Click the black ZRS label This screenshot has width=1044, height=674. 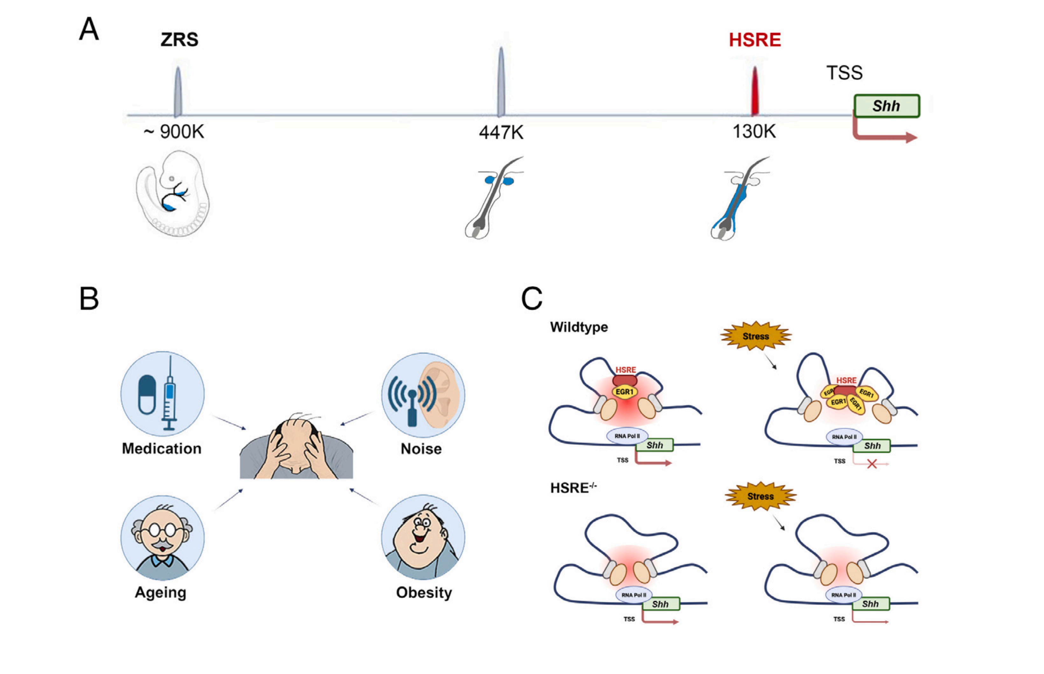[x=179, y=40]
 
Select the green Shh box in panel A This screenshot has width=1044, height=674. [x=886, y=106]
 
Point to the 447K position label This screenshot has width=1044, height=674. [x=501, y=133]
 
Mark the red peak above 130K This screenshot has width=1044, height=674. [x=754, y=93]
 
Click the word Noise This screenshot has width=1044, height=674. [x=421, y=449]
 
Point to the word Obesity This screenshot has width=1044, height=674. [x=424, y=593]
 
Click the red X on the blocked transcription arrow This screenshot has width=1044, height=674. [x=872, y=464]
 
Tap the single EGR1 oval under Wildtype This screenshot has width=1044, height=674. [x=624, y=392]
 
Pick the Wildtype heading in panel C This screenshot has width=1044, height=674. [x=579, y=327]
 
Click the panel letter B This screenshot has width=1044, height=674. [x=89, y=299]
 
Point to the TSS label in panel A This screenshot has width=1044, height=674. [x=844, y=73]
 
